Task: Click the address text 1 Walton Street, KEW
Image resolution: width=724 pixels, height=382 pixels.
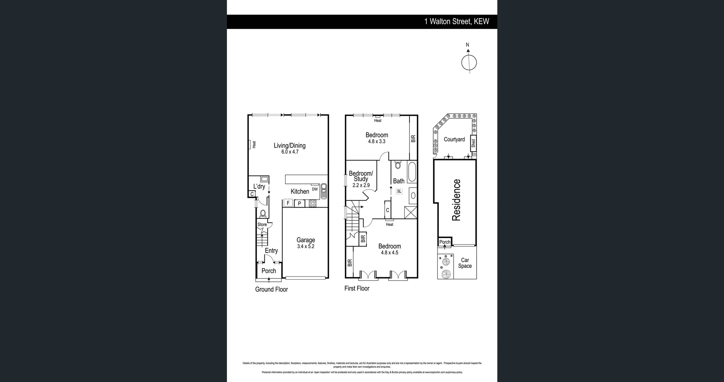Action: (x=457, y=21)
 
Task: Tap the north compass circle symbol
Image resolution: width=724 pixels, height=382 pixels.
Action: (x=469, y=63)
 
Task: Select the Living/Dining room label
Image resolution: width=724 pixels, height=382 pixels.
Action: (x=290, y=145)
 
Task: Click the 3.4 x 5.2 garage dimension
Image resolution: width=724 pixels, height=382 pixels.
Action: (x=305, y=246)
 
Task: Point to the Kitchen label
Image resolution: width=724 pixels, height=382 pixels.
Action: (x=300, y=191)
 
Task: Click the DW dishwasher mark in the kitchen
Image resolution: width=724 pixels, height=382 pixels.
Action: (x=315, y=189)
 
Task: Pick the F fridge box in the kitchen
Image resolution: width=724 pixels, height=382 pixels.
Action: (x=288, y=203)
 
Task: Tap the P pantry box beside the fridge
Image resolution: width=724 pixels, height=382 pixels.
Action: (x=299, y=203)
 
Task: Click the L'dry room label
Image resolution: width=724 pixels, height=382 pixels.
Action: (x=259, y=186)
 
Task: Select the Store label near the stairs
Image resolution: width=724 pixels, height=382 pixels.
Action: (x=262, y=225)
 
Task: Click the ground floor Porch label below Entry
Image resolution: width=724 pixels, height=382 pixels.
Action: (x=269, y=271)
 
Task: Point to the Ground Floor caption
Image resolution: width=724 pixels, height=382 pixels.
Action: (x=271, y=289)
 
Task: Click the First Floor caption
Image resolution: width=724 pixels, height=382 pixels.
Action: (x=357, y=288)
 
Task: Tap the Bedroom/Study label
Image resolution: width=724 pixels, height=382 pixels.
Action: (x=361, y=176)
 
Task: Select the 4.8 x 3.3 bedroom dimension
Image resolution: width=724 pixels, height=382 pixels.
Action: (x=377, y=141)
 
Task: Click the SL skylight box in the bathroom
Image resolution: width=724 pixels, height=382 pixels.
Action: (x=399, y=191)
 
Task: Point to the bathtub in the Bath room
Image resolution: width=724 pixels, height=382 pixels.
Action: (x=412, y=172)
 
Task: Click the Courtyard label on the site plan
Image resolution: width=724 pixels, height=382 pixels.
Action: (x=454, y=139)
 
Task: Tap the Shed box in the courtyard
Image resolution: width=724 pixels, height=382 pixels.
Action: (x=473, y=143)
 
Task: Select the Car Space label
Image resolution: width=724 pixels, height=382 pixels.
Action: (x=465, y=263)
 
